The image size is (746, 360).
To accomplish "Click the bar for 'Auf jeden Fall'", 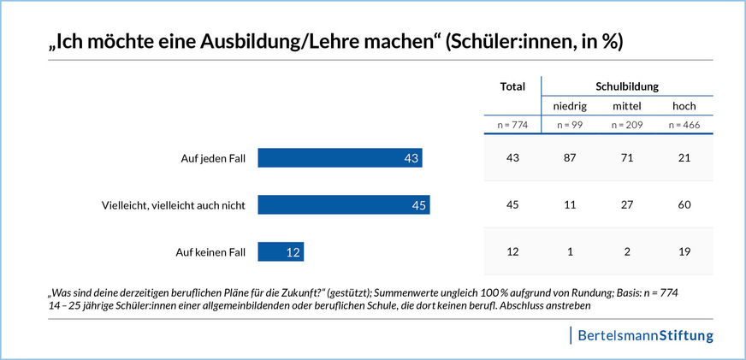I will (x=340, y=158).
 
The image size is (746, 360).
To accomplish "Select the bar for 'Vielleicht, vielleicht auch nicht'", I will (x=343, y=205).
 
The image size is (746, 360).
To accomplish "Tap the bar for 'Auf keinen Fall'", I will (x=281, y=252).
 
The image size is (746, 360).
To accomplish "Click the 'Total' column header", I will (x=512, y=87).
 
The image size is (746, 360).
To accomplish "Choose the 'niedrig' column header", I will (x=569, y=106).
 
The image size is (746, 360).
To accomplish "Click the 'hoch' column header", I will (x=684, y=106).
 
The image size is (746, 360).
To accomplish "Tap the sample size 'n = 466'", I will (x=684, y=126).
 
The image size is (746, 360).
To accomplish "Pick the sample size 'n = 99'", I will (x=569, y=126).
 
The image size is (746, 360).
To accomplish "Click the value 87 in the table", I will (x=569, y=158).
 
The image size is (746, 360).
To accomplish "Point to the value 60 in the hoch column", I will (x=684, y=205).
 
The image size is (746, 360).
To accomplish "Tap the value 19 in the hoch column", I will (x=684, y=252).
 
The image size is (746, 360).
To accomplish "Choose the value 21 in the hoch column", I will (x=684, y=158).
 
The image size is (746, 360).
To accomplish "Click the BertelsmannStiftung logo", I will (x=645, y=334).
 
